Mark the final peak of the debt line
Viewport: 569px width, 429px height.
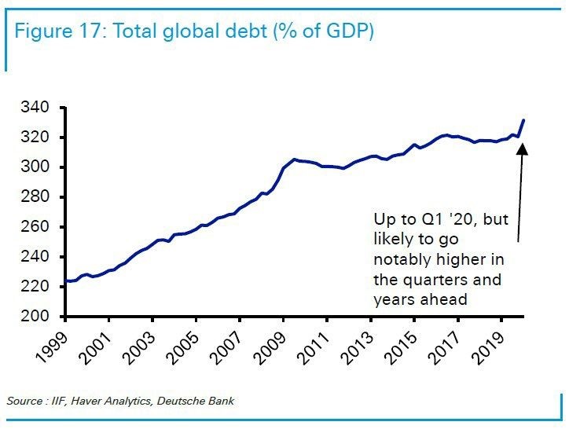pyautogui.click(x=524, y=120)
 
